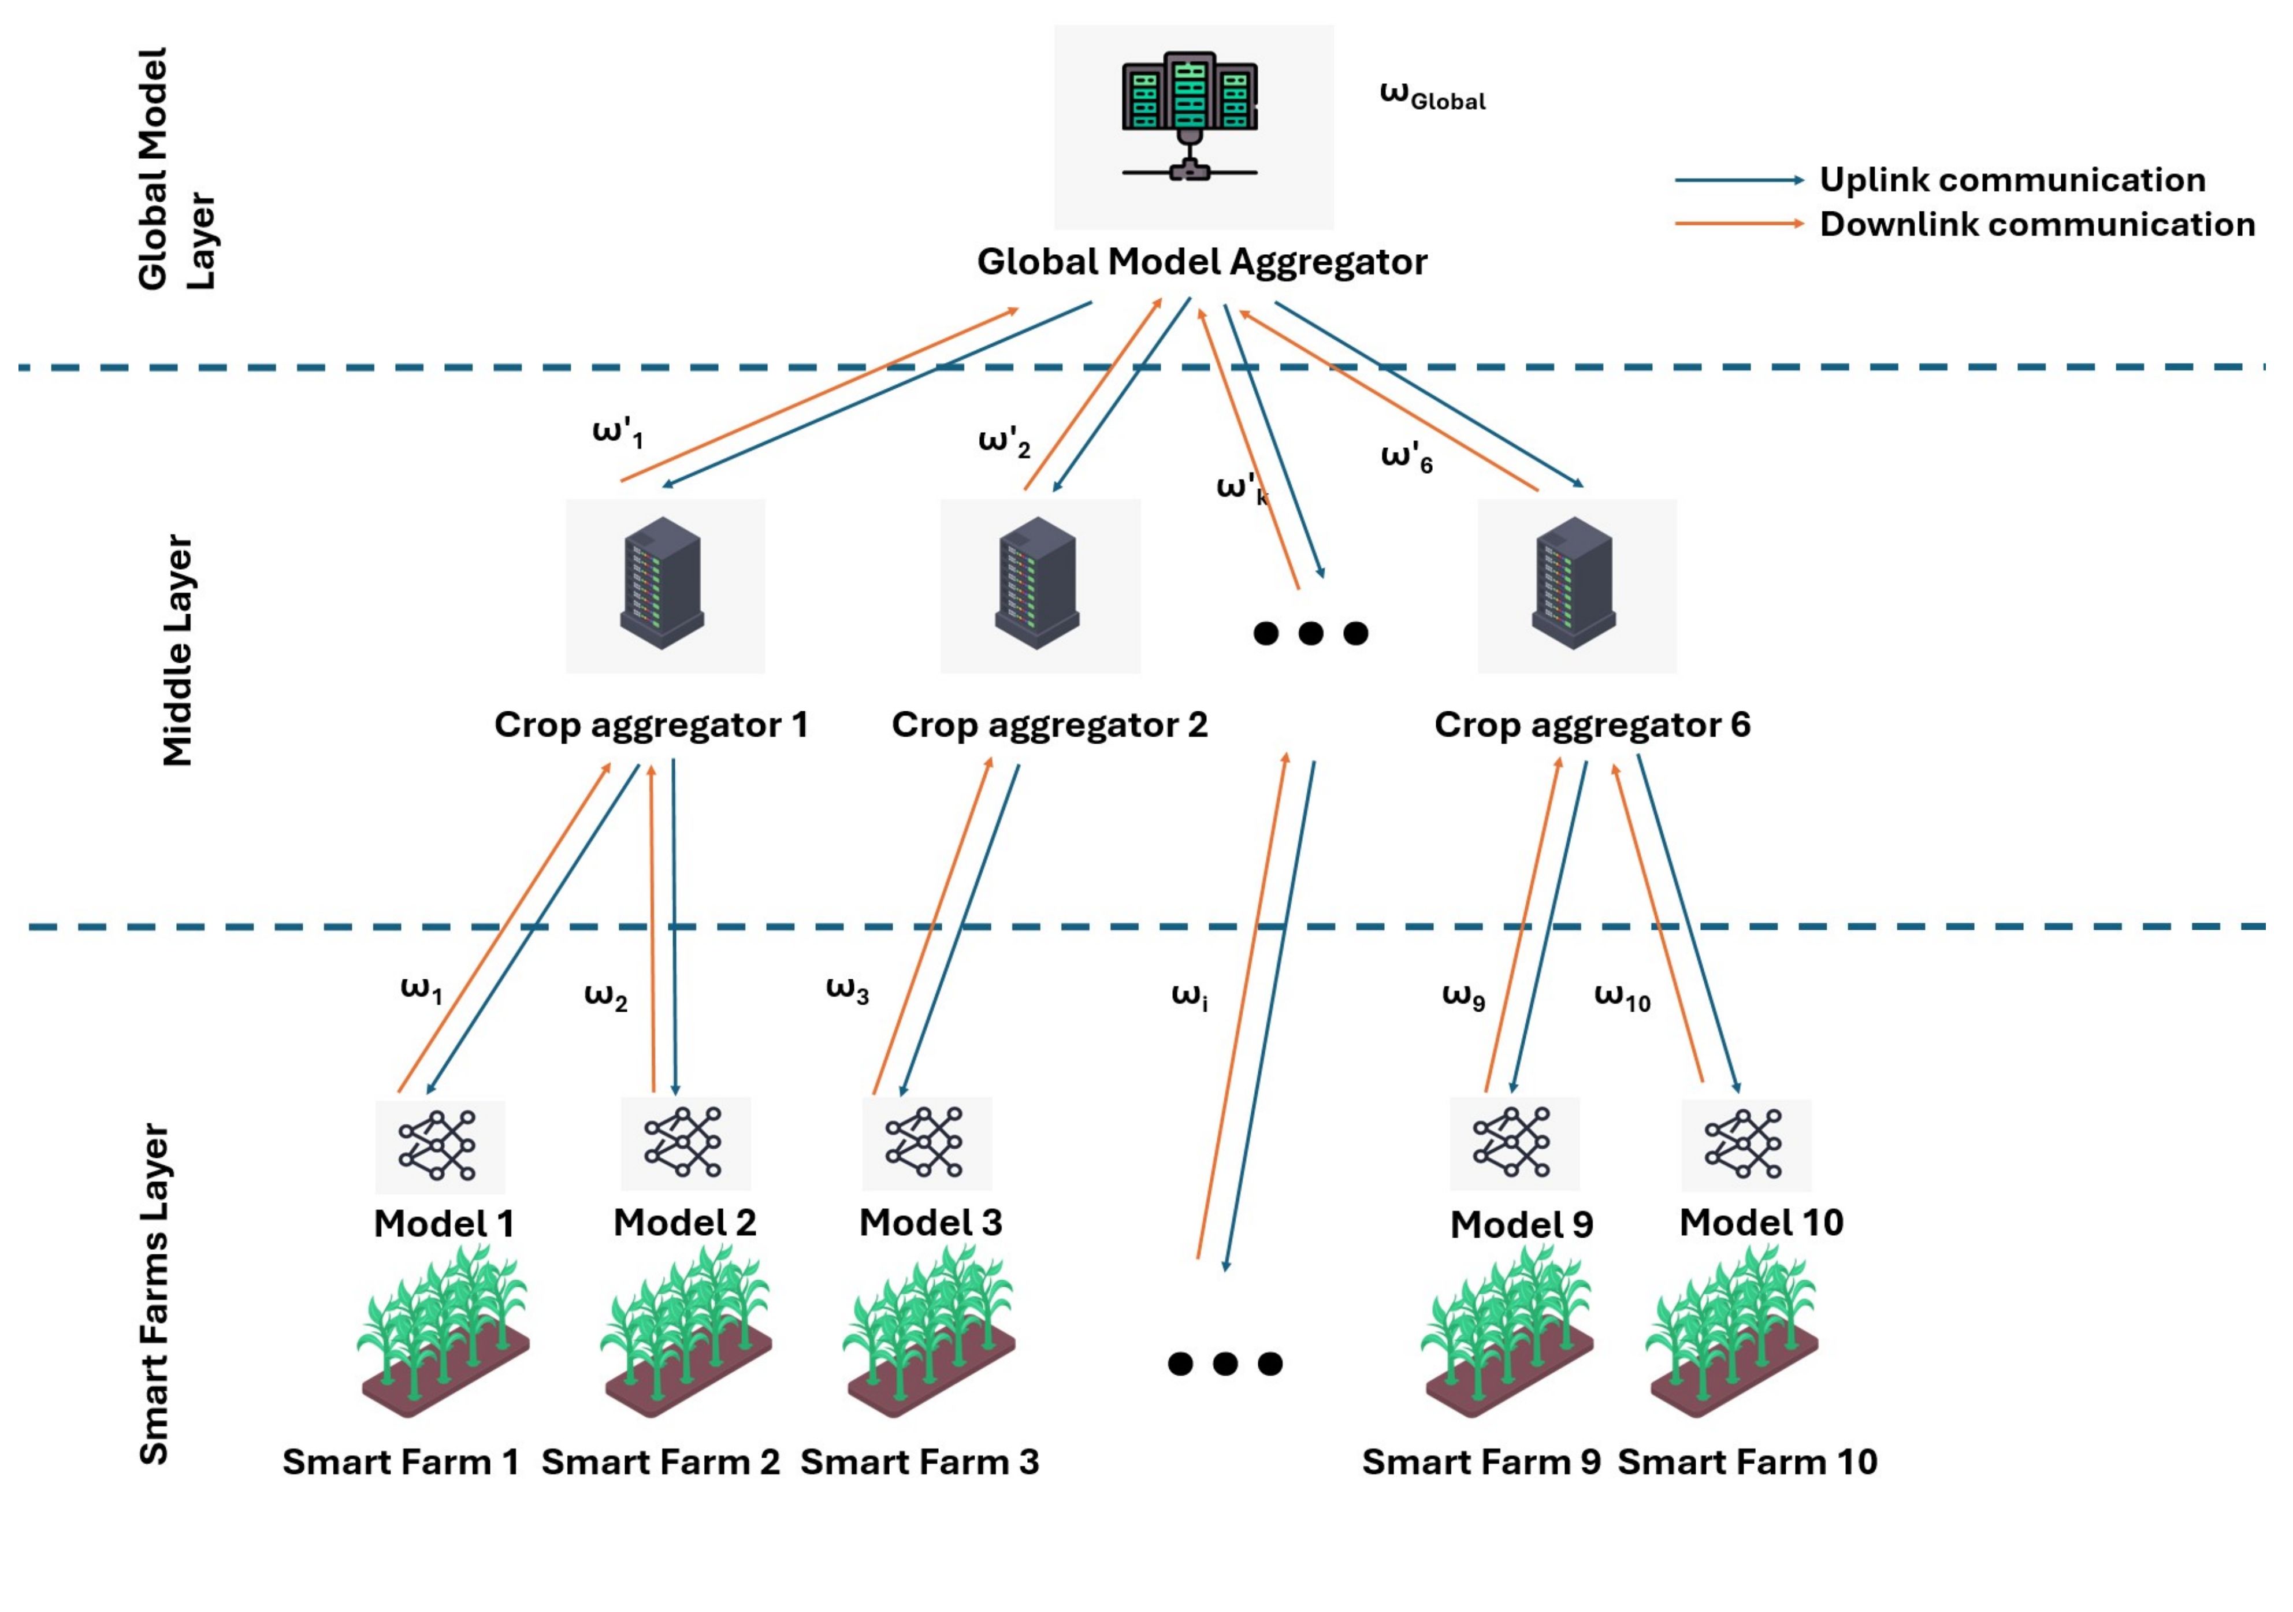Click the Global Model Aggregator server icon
(1190, 116)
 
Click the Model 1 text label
(444, 1224)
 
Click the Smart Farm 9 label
(1480, 1462)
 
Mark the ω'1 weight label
(617, 433)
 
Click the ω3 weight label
(847, 991)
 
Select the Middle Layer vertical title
(178, 650)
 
